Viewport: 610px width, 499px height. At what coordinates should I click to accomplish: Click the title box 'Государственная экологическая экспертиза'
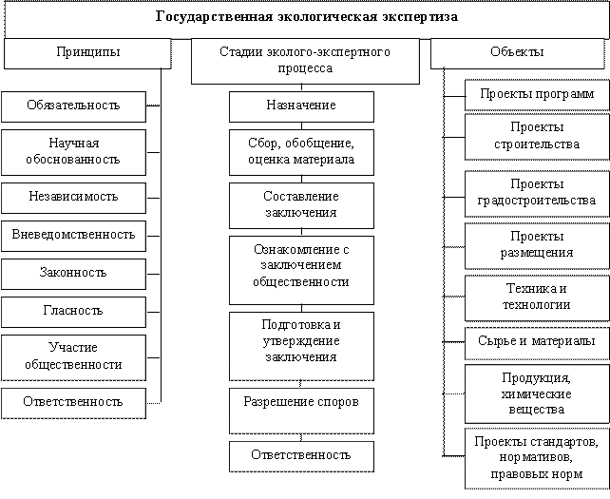tap(305, 18)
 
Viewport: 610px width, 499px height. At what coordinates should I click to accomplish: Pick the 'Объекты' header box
tap(519, 53)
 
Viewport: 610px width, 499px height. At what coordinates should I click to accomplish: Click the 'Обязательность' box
tap(73, 106)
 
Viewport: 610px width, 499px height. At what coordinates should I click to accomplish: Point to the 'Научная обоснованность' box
tap(73, 151)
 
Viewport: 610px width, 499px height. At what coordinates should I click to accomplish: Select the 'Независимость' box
tap(73, 197)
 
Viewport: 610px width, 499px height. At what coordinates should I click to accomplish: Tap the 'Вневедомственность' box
tap(73, 234)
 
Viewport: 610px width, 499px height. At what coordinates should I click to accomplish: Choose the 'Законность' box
tap(73, 273)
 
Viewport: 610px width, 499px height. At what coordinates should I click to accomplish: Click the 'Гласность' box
tap(73, 311)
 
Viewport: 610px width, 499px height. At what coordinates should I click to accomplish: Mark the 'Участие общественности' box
tap(73, 356)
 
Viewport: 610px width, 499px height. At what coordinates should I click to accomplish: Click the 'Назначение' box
tap(301, 106)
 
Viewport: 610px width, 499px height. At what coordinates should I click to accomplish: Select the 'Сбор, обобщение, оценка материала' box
tap(301, 151)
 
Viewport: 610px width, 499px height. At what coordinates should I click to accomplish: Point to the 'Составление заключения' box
tap(301, 205)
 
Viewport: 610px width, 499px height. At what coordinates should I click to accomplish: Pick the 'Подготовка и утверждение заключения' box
tap(301, 340)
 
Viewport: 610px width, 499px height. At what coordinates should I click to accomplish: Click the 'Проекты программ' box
tap(536, 95)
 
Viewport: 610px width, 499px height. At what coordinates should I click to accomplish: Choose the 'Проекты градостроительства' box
tap(536, 192)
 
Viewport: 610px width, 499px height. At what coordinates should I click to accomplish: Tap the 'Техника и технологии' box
tap(536, 297)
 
